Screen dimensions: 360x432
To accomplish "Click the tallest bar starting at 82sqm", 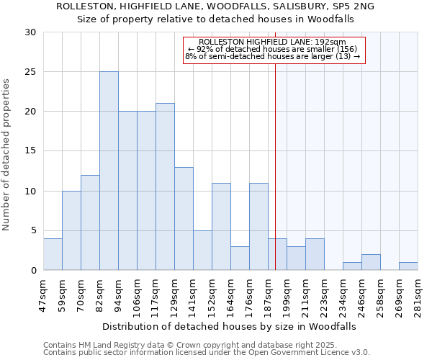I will click(109, 171).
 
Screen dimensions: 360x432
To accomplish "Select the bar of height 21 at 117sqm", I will click(165, 186).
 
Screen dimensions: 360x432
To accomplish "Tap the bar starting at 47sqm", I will click(53, 254).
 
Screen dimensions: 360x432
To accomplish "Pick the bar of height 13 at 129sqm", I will click(184, 218).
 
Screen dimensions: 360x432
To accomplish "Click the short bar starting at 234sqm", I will click(352, 266).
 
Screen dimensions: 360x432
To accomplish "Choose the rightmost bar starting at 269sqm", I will click(408, 266).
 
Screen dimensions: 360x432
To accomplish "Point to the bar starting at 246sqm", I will click(371, 262).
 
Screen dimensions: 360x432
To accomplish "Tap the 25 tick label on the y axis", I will click(30, 72).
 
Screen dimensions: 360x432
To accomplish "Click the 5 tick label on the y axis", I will click(32, 230).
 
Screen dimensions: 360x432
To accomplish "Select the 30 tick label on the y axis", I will click(30, 32).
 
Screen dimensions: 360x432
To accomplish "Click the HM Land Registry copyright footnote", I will click(207, 345).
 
